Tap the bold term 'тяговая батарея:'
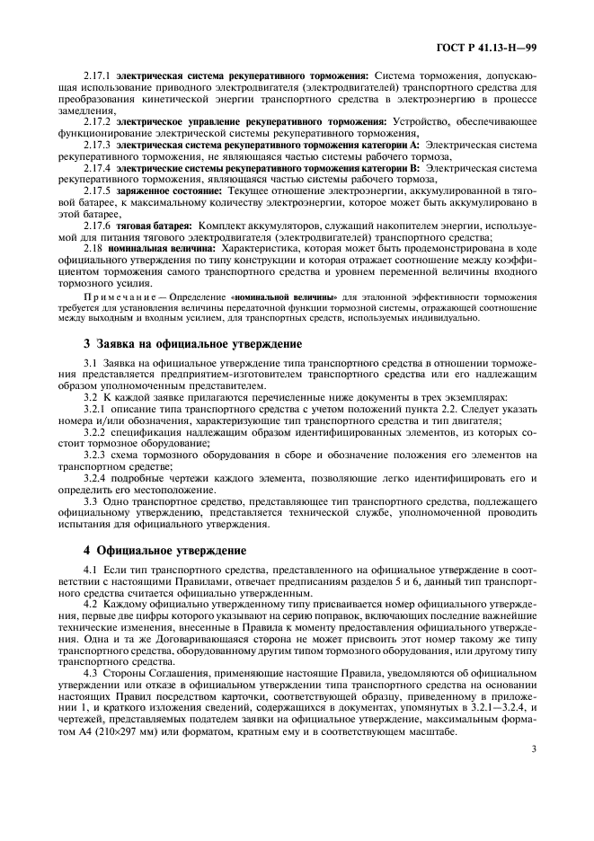(155, 225)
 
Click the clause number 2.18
(93, 246)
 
